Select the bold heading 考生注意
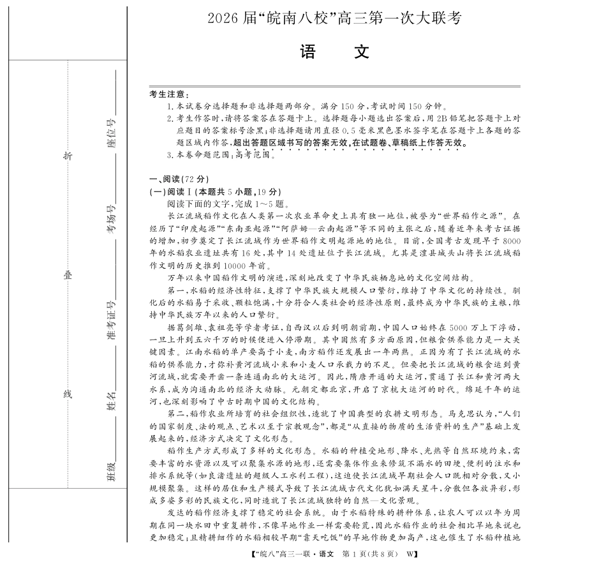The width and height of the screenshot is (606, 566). click(x=166, y=94)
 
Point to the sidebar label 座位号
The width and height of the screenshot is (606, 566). click(x=112, y=133)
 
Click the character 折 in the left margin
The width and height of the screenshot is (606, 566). click(x=67, y=157)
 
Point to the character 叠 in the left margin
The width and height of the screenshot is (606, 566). click(x=67, y=275)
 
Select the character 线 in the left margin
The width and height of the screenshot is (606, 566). click(x=67, y=394)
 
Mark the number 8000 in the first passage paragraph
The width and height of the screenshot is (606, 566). click(x=512, y=241)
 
